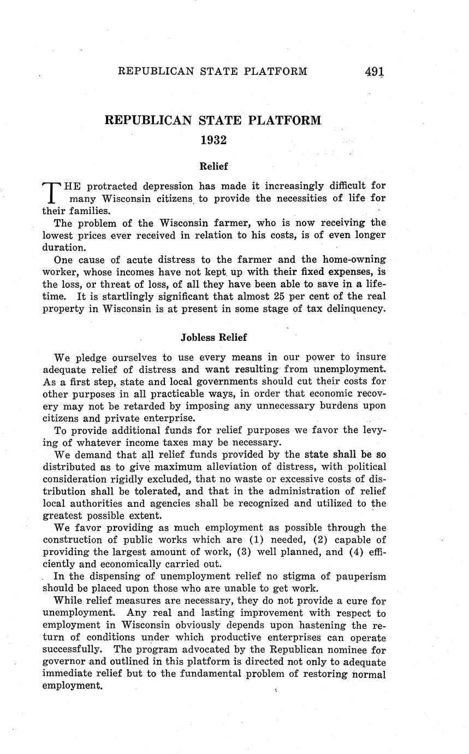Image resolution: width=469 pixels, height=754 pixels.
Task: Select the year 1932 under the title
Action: [213, 140]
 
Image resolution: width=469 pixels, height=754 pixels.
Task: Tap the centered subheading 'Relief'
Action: [213, 166]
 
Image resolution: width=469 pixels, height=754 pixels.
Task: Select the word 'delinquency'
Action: [354, 309]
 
